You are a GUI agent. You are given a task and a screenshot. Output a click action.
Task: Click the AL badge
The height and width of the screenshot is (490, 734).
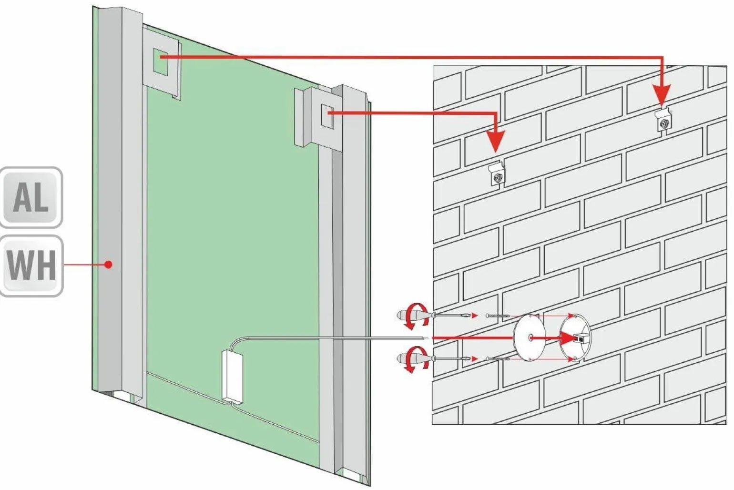31,197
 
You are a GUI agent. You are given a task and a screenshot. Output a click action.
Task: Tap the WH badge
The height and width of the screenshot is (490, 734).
31,266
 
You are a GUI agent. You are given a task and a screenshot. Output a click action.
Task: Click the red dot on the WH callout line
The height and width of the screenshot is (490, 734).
109,264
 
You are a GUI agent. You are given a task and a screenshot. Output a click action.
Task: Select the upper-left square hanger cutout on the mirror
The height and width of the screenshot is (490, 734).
161,61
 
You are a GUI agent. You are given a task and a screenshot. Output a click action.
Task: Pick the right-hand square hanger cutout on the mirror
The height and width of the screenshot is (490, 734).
328,116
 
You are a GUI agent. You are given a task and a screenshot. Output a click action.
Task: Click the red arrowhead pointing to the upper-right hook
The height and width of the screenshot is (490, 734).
662,94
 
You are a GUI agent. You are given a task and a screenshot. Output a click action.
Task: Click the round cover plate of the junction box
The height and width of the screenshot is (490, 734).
529,337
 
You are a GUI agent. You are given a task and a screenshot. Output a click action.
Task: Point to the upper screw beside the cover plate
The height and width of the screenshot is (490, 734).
498,316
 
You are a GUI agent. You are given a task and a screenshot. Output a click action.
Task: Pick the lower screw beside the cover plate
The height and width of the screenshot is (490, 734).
498,359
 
